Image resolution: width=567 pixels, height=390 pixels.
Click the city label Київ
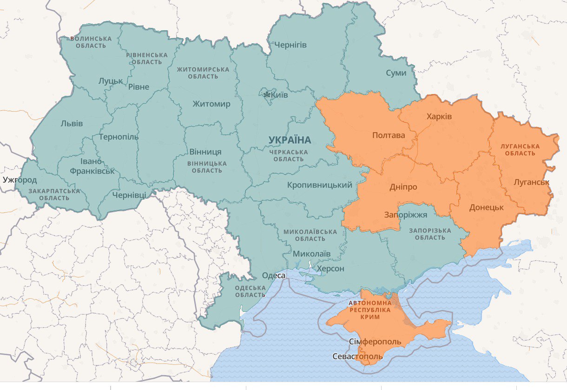[279, 95]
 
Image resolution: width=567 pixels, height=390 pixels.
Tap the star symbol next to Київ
[267, 95]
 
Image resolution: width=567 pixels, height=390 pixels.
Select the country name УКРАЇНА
[290, 140]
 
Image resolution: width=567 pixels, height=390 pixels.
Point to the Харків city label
[439, 116]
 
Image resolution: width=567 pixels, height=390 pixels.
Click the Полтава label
[389, 135]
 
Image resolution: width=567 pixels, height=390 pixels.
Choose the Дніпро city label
[403, 187]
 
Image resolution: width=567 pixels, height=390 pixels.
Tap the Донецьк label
[487, 207]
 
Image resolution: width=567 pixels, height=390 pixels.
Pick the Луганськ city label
[531, 182]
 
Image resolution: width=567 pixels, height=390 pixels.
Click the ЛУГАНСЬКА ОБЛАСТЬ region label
[520, 149]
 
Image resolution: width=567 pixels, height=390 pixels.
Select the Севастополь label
[358, 356]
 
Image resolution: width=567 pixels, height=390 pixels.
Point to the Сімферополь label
[375, 342]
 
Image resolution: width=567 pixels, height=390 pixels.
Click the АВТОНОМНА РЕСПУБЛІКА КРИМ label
[370, 309]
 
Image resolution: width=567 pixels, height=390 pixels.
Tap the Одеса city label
[274, 276]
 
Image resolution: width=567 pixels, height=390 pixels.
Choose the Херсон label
[330, 269]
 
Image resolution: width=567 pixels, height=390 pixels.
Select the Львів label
[72, 124]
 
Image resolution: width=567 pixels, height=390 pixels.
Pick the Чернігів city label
[290, 45]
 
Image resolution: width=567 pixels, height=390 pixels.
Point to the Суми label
[396, 73]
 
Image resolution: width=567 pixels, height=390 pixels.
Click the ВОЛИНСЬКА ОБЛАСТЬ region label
[91, 42]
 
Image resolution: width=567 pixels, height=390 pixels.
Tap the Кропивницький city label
[320, 185]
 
